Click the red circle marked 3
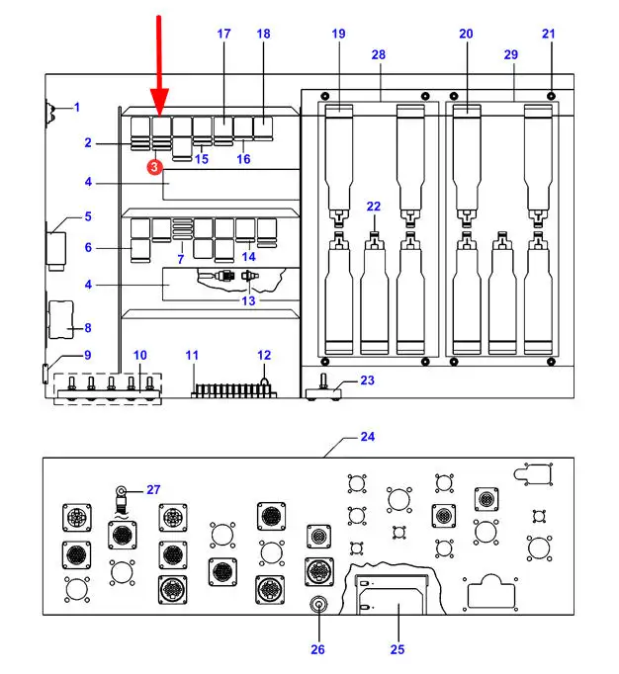tap(155, 167)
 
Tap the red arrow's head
tap(159, 102)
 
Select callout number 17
tap(223, 34)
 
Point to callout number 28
tap(379, 54)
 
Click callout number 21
tap(549, 34)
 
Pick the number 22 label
tap(374, 207)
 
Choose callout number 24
tap(368, 437)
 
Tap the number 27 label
tap(153, 489)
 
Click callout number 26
tap(317, 649)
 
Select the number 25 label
tap(398, 649)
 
